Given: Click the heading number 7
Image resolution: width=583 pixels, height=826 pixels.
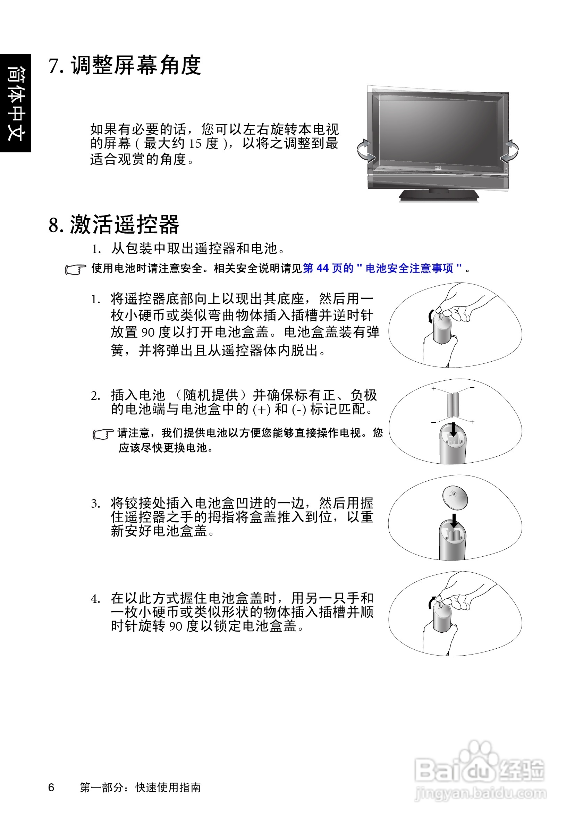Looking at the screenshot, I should [56, 66].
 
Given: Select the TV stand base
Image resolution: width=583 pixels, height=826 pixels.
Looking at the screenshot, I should [439, 195].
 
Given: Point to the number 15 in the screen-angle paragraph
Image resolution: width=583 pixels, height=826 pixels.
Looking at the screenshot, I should [195, 144].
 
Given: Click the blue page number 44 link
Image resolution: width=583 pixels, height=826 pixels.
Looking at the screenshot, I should [323, 268].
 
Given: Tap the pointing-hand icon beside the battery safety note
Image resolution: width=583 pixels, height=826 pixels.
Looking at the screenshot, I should [75, 269].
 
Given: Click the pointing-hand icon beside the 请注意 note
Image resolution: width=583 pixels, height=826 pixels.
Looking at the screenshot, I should [103, 434].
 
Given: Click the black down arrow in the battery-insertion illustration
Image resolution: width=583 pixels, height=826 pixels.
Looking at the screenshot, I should [454, 429].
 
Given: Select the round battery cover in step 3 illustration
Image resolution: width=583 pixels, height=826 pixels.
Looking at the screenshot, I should [455, 498].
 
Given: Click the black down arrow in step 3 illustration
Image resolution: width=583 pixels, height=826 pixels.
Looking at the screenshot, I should [454, 521].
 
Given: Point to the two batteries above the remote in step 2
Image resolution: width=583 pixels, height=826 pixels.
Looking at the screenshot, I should [453, 404].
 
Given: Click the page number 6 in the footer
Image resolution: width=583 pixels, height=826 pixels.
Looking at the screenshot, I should [51, 787].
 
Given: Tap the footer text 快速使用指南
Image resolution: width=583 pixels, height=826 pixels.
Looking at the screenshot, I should [168, 788].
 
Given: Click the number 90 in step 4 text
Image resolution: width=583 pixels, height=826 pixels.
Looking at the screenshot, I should [176, 627].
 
